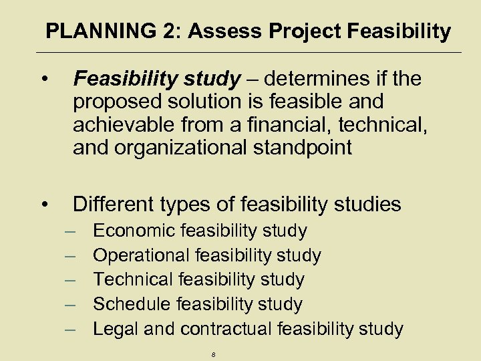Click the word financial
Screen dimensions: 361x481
282,125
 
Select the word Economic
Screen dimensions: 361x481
134,231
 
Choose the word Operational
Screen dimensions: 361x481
142,255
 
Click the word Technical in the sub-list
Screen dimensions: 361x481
132,279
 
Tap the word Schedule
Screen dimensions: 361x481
132,304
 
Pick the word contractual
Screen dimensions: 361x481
227,328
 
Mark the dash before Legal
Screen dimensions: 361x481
71,328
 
